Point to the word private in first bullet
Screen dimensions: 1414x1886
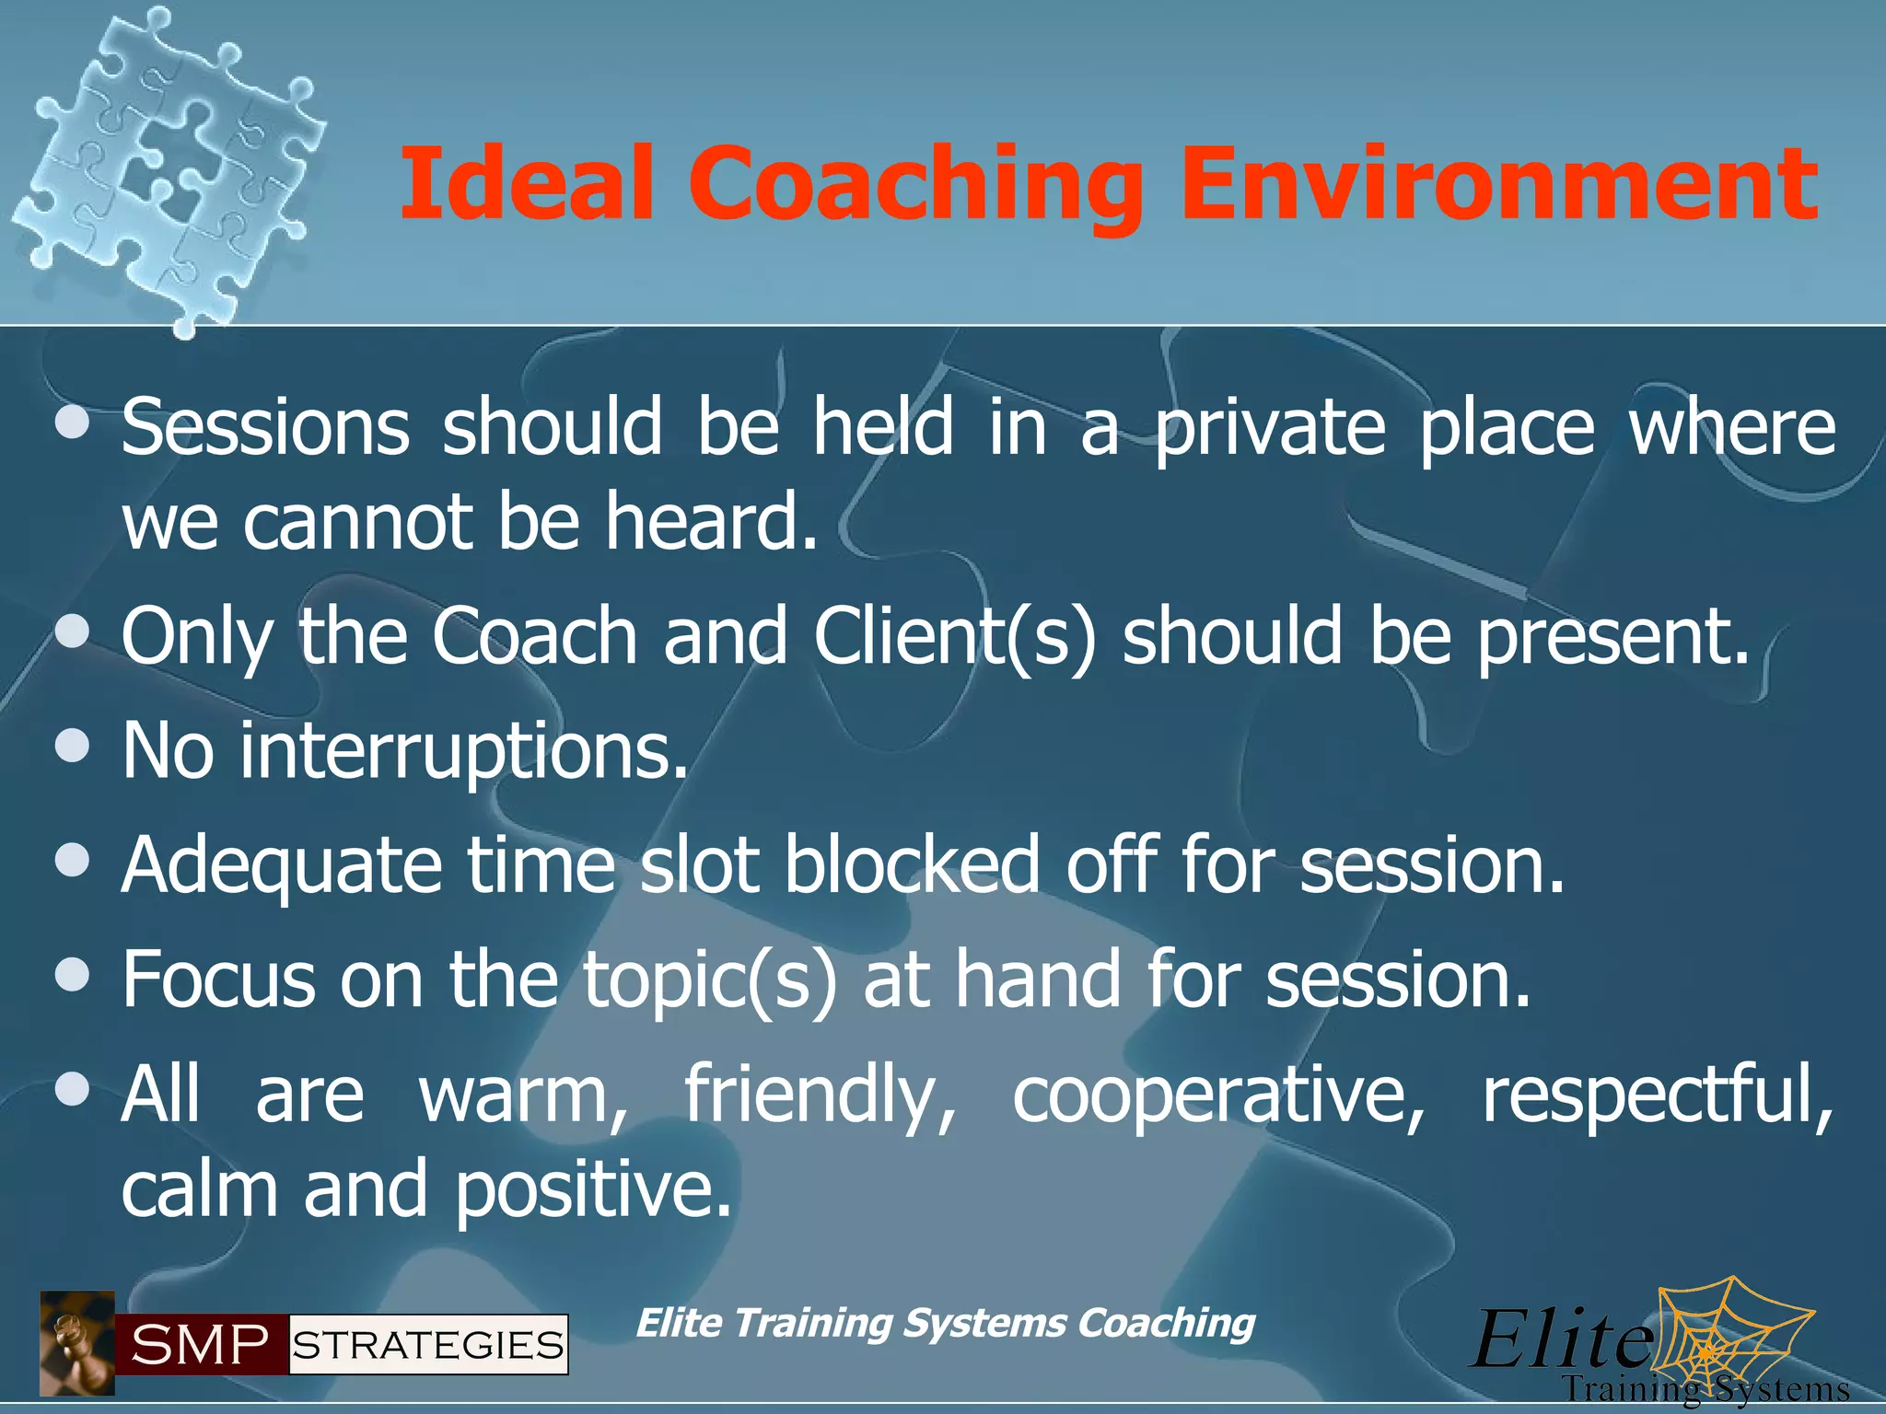tap(1270, 428)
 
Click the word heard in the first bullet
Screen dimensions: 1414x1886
tap(711, 521)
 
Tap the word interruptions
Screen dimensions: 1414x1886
tap(464, 751)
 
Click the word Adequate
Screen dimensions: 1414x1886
tap(282, 865)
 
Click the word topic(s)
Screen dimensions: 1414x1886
tap(711, 980)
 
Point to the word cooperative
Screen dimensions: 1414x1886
tap(1218, 1095)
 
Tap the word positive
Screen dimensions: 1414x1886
tap(594, 1189)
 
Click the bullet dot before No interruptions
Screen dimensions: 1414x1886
tap(72, 747)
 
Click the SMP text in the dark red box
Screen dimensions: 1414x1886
tap(199, 1345)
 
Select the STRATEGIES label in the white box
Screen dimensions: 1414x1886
tap(428, 1345)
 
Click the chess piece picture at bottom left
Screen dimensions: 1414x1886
tap(77, 1343)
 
